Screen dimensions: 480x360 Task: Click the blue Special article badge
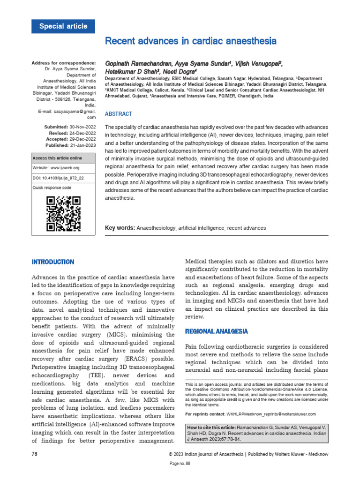[x=63, y=26]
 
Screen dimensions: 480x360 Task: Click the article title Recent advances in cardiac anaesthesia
[x=190, y=41]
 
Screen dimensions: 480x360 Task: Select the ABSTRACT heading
[x=118, y=114]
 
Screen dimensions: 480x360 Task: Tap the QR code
[x=64, y=214]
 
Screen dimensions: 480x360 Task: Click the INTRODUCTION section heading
[x=52, y=262]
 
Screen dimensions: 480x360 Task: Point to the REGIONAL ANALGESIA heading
[x=217, y=331]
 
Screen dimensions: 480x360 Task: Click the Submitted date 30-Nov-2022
[x=83, y=127]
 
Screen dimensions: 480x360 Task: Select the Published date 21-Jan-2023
[x=83, y=145]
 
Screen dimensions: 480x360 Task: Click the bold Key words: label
[x=120, y=228]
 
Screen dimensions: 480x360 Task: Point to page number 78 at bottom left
[x=34, y=454]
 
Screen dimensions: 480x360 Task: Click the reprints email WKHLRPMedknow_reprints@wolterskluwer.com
[x=271, y=414]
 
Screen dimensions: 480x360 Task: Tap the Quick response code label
[x=52, y=187]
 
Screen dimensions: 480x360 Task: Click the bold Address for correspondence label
[x=63, y=63]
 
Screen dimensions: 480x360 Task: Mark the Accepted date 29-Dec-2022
[x=83, y=139]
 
